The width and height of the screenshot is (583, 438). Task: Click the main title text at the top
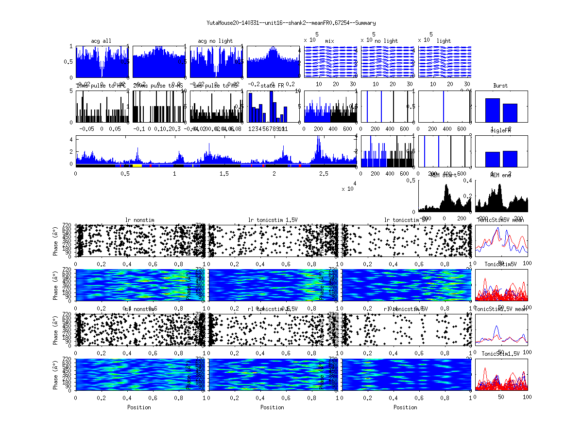pos(291,23)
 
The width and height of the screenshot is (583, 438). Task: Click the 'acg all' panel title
pos(101,41)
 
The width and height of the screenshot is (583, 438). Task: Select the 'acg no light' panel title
pos(215,41)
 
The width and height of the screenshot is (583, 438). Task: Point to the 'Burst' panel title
pos(500,86)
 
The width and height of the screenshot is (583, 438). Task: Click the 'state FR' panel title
pos(273,86)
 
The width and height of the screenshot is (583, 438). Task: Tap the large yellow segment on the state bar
pos(137,165)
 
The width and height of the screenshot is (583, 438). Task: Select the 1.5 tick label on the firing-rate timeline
pos(224,174)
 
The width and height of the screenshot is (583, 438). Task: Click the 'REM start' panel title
pos(444,175)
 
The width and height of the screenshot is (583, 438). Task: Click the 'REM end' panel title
pos(500,175)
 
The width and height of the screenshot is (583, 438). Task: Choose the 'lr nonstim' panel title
pos(140,220)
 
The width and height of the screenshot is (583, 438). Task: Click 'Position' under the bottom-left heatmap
pos(139,407)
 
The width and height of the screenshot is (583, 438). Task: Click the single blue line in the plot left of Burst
pos(444,106)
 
